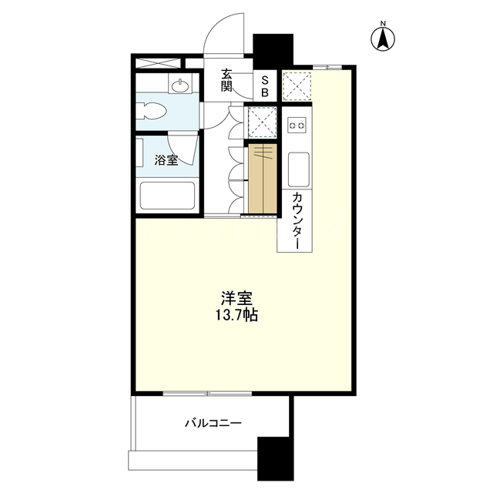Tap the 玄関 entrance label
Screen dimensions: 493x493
226,80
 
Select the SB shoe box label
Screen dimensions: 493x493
265,86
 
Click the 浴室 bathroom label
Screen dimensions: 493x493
166,160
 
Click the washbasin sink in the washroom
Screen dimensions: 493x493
180,83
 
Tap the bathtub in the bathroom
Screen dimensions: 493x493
168,195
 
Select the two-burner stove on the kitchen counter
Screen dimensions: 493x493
297,126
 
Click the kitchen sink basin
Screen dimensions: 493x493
298,169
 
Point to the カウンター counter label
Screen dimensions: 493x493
297,221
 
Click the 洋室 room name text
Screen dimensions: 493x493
236,298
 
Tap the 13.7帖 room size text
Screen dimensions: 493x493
236,315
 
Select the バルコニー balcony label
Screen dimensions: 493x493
213,423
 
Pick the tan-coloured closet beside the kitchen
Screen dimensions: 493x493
263,179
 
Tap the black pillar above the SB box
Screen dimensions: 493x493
273,52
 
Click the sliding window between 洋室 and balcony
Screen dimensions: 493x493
207,393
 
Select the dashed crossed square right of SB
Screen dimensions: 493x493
297,86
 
